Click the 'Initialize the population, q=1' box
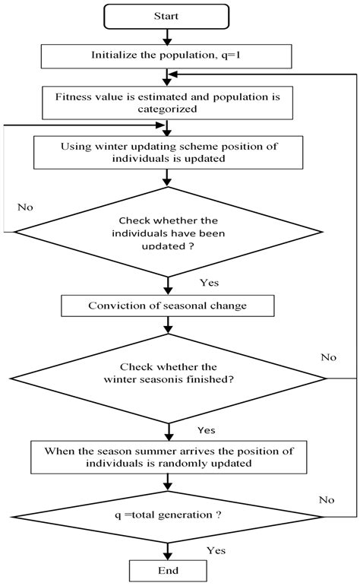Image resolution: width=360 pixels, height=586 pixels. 165,55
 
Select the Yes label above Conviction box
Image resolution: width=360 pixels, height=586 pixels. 209,282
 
